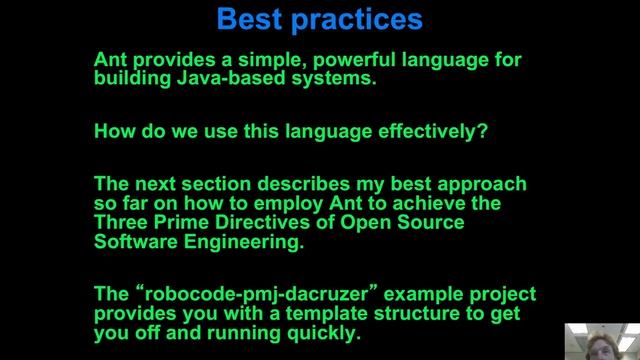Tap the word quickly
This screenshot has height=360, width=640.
point(322,334)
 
